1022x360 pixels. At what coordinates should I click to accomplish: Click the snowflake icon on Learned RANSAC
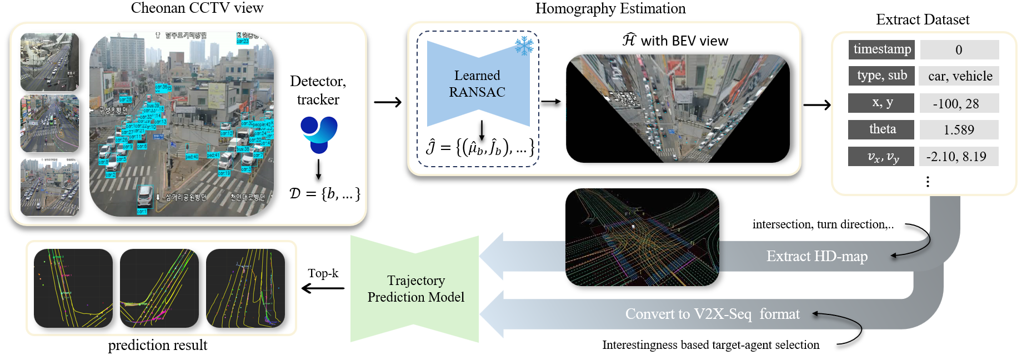coord(523,46)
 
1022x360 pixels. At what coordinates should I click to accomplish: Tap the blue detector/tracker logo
coord(319,134)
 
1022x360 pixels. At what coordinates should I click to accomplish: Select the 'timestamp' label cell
coord(881,49)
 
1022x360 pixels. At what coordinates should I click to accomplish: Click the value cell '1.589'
coord(959,129)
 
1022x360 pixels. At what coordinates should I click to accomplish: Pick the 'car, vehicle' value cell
coord(960,76)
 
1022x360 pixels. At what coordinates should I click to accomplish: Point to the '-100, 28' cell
coord(959,103)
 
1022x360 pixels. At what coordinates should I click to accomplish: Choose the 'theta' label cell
coord(881,129)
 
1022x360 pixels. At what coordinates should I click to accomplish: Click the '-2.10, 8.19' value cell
coord(959,157)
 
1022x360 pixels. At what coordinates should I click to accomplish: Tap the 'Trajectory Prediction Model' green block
coord(415,288)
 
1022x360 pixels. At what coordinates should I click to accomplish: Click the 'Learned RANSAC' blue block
coord(478,84)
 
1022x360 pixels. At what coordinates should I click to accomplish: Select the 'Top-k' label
coord(323,273)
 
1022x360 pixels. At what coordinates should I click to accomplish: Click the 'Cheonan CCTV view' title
coord(197,8)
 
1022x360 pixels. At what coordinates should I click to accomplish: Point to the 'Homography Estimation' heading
coord(610,8)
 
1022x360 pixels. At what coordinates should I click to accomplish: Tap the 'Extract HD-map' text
coord(816,256)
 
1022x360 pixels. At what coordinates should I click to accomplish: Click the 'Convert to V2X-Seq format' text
coord(712,314)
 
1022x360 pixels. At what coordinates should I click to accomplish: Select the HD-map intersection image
coord(642,237)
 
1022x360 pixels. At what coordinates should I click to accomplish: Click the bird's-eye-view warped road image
coord(678,108)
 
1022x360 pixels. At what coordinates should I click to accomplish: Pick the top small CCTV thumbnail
coord(49,62)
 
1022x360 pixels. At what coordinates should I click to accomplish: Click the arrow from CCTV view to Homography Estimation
coord(388,102)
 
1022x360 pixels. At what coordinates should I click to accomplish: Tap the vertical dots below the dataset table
coord(928,182)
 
